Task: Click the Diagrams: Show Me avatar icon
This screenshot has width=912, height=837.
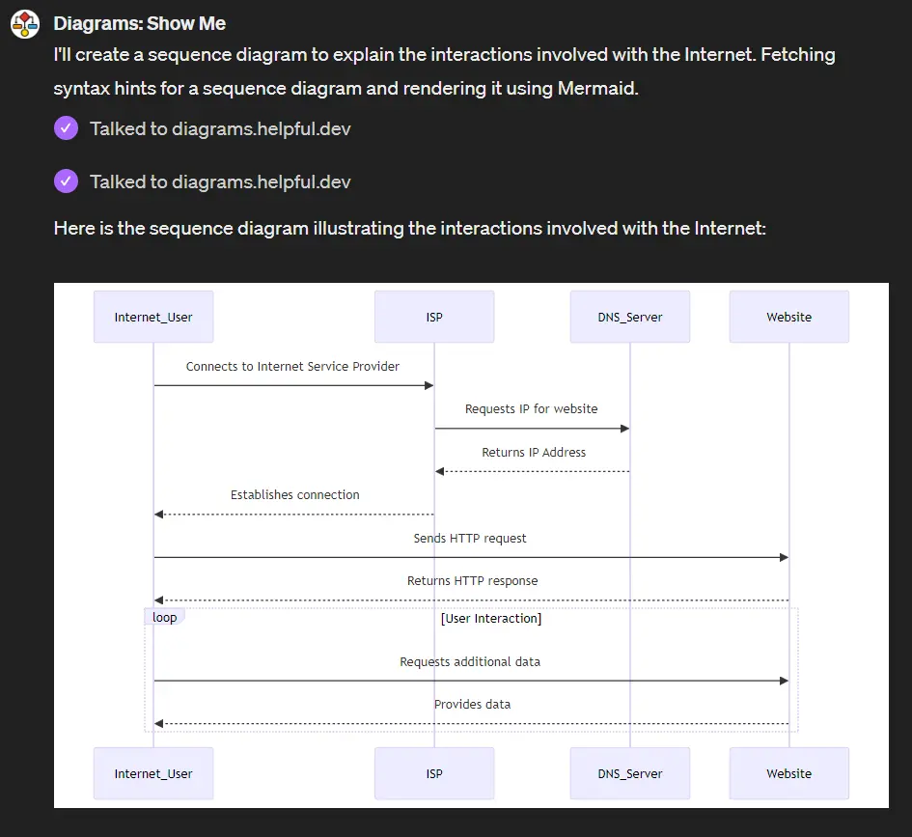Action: tap(25, 24)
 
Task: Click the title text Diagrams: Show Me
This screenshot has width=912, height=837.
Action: tap(139, 23)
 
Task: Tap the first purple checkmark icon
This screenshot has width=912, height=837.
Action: tap(66, 128)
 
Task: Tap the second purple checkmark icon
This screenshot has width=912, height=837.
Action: tap(66, 181)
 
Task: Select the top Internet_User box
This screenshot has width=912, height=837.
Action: tap(153, 317)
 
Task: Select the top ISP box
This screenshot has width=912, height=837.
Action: tap(434, 317)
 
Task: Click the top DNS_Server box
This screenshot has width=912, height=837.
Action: tap(630, 317)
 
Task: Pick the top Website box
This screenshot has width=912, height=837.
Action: tap(788, 317)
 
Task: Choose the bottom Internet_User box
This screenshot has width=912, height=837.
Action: tap(153, 773)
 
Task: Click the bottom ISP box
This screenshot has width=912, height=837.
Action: tap(434, 773)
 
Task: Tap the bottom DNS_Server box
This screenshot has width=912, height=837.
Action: tap(630, 773)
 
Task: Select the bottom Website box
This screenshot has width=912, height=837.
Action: tap(788, 773)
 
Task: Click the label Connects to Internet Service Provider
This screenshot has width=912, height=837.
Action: tap(292, 367)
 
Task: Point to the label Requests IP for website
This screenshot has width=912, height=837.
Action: tap(531, 409)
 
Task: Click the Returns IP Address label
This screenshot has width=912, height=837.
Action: tap(534, 452)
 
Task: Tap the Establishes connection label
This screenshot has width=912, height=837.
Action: tap(294, 495)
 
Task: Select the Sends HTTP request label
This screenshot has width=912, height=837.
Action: tap(470, 539)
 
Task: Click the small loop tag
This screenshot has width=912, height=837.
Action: tap(164, 618)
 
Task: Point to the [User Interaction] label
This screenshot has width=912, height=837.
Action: tap(490, 619)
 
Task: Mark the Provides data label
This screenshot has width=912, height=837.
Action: tap(472, 705)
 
